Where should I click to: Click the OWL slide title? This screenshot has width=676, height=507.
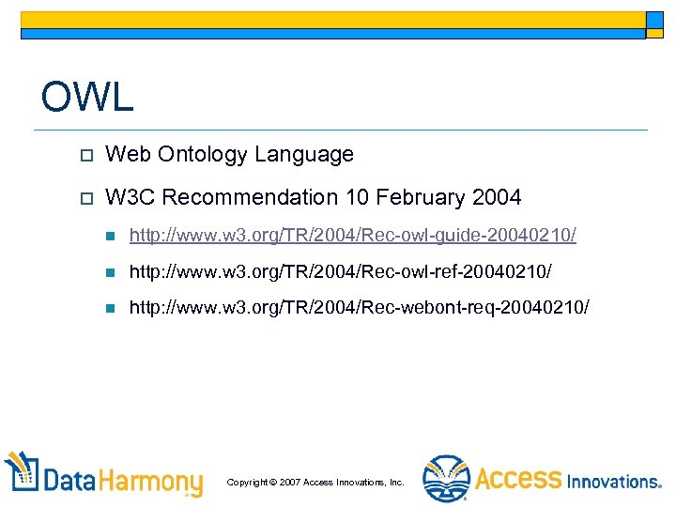[x=87, y=97]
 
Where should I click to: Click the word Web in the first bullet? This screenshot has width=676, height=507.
[x=125, y=154]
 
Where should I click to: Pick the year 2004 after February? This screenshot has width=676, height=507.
[x=498, y=197]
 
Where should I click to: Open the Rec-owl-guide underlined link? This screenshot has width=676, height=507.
[x=353, y=235]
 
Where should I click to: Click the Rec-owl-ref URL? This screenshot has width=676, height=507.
[x=341, y=271]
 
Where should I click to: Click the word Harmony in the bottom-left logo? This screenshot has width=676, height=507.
[x=153, y=482]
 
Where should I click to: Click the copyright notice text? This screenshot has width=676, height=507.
[x=315, y=482]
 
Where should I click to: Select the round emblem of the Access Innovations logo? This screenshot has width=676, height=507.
[x=446, y=478]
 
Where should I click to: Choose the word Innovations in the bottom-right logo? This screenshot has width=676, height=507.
[x=614, y=481]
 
